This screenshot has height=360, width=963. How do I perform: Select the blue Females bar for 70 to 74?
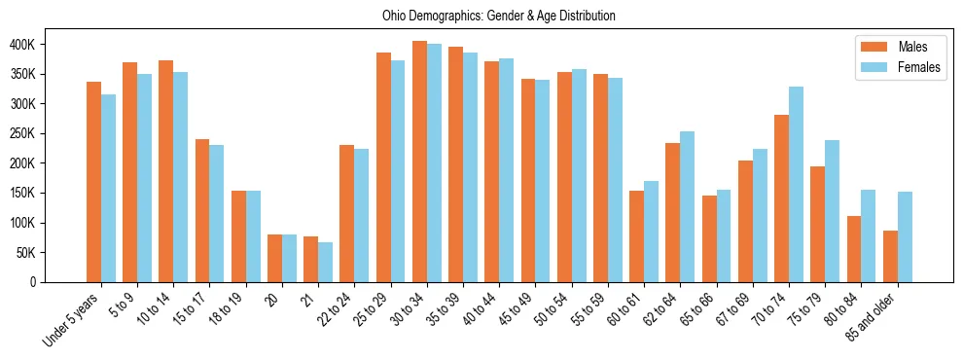796,185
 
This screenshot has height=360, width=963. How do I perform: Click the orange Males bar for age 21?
310,259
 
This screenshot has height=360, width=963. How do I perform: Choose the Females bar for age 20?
289,258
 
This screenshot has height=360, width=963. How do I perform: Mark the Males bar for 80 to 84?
854,249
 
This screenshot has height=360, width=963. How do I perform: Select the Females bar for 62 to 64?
687,206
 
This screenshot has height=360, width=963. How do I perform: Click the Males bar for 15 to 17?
202,210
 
